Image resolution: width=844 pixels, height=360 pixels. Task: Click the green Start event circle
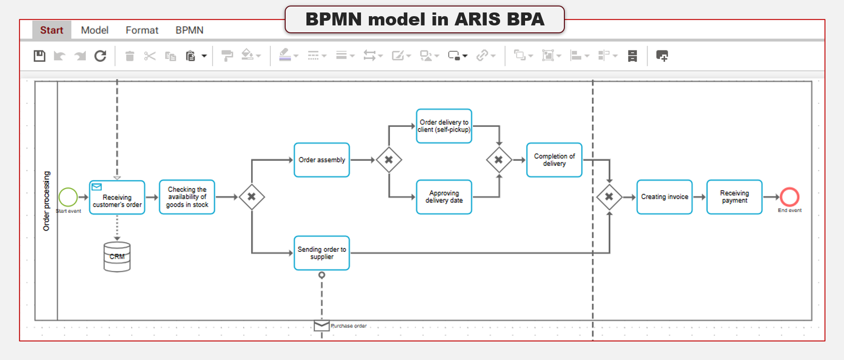68,197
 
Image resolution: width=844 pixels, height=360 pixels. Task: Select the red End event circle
789,197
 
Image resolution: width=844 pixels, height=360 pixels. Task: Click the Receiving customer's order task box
117,198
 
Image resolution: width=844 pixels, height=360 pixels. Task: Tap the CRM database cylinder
117,256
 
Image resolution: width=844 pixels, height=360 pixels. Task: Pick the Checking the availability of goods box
187,197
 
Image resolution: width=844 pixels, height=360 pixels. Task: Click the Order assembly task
322,160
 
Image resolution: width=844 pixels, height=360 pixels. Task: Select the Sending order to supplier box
322,253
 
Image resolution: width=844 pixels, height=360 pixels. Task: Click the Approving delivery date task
444,197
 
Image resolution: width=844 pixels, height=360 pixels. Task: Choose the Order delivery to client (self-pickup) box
444,126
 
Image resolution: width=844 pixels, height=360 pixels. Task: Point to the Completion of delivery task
554,160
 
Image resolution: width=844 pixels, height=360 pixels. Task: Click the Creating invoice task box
664,197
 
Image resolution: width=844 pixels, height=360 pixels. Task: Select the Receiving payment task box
734,197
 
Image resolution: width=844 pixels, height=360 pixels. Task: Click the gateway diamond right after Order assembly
389,160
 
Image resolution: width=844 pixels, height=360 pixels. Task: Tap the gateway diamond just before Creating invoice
609,197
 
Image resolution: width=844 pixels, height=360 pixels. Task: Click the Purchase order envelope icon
322,326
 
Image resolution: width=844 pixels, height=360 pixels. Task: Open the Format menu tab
142,31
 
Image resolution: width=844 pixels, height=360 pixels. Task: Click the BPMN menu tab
189,31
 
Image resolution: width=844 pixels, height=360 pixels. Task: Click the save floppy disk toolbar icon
40,56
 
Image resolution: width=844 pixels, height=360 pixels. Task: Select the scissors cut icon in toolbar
150,56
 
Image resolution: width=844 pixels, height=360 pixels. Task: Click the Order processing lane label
46,201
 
